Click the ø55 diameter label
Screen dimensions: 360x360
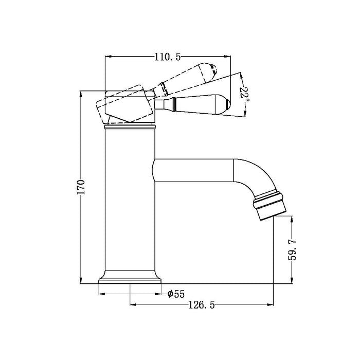[176, 294]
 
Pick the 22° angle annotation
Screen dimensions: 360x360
[244, 94]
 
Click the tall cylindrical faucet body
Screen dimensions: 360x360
[130, 206]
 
